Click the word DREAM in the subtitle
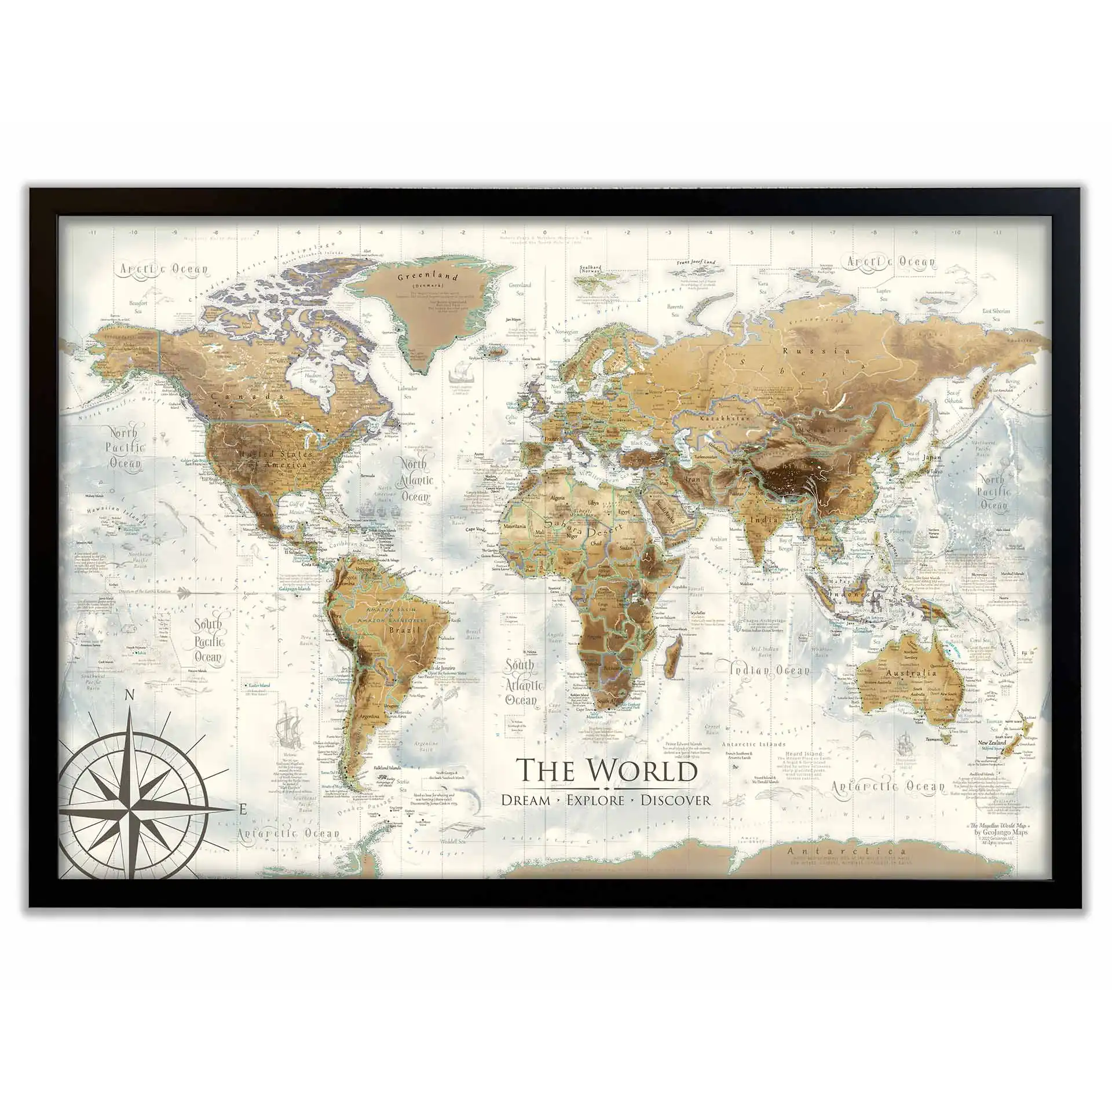[526, 800]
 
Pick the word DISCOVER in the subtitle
[675, 800]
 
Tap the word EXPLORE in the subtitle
[595, 800]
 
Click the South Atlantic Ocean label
[524, 684]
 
